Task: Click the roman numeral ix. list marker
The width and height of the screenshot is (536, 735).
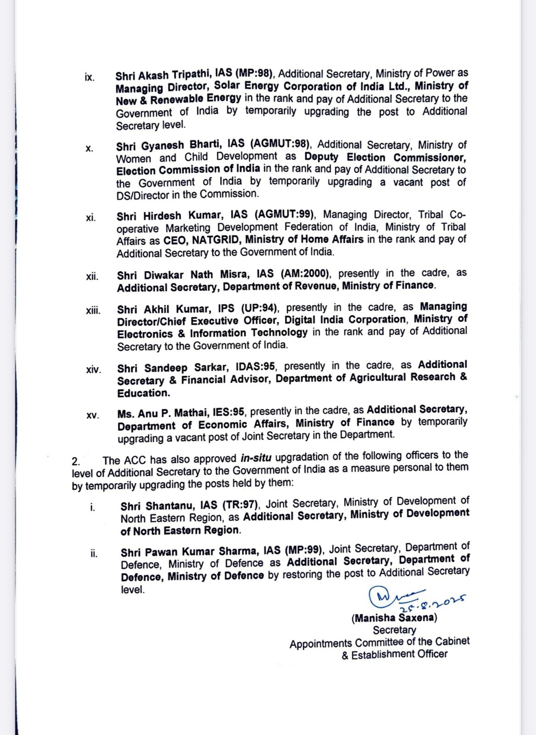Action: coord(90,77)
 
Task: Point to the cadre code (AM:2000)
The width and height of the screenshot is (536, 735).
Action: coord(305,274)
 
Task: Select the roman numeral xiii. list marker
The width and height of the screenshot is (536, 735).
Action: coord(93,311)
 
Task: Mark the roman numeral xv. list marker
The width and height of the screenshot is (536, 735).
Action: coord(92,415)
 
